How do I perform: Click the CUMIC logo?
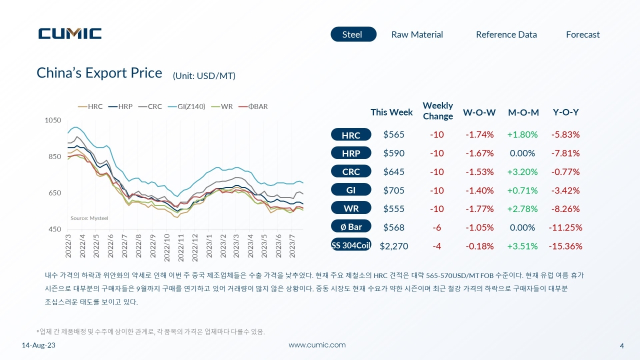point(70,33)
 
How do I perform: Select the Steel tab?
point(353,34)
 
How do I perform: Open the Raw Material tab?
point(417,34)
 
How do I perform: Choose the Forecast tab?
point(583,34)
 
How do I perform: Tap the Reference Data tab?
point(506,34)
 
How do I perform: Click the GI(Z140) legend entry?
point(186,106)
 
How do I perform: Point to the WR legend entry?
point(222,106)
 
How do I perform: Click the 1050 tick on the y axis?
point(53,120)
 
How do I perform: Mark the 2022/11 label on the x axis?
point(180,247)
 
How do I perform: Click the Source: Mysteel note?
point(89,218)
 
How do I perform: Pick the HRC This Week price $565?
point(393,134)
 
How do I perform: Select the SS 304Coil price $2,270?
point(393,246)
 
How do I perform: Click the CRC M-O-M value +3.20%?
point(522,171)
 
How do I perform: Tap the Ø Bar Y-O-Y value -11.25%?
point(565,227)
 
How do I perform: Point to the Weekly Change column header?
point(437,111)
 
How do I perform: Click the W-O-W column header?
point(479,112)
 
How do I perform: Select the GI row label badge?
point(351,189)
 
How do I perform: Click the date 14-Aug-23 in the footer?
point(38,345)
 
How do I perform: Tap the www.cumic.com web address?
point(317,345)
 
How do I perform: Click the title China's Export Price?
point(99,73)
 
